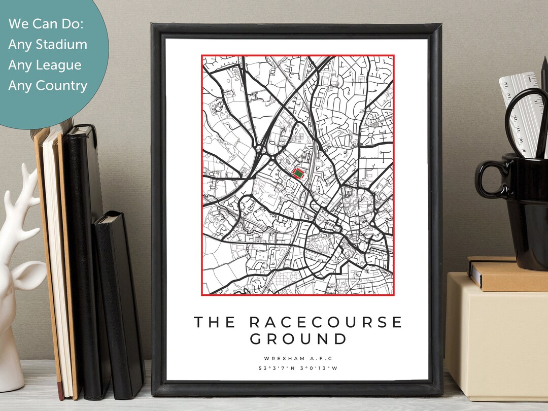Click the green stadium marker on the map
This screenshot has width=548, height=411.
tap(298, 174)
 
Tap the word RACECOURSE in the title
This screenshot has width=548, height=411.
tap(326, 322)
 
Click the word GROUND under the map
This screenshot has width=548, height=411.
tap(298, 339)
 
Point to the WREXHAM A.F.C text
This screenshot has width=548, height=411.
tap(298, 358)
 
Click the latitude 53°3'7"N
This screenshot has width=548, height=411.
tap(277, 368)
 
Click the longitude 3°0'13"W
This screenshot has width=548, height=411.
tap(319, 368)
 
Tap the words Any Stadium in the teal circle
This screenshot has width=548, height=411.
tap(47, 45)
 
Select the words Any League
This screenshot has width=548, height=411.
tap(44, 65)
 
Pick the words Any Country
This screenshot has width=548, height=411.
tap(47, 85)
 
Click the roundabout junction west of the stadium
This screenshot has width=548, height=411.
tap(262, 149)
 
